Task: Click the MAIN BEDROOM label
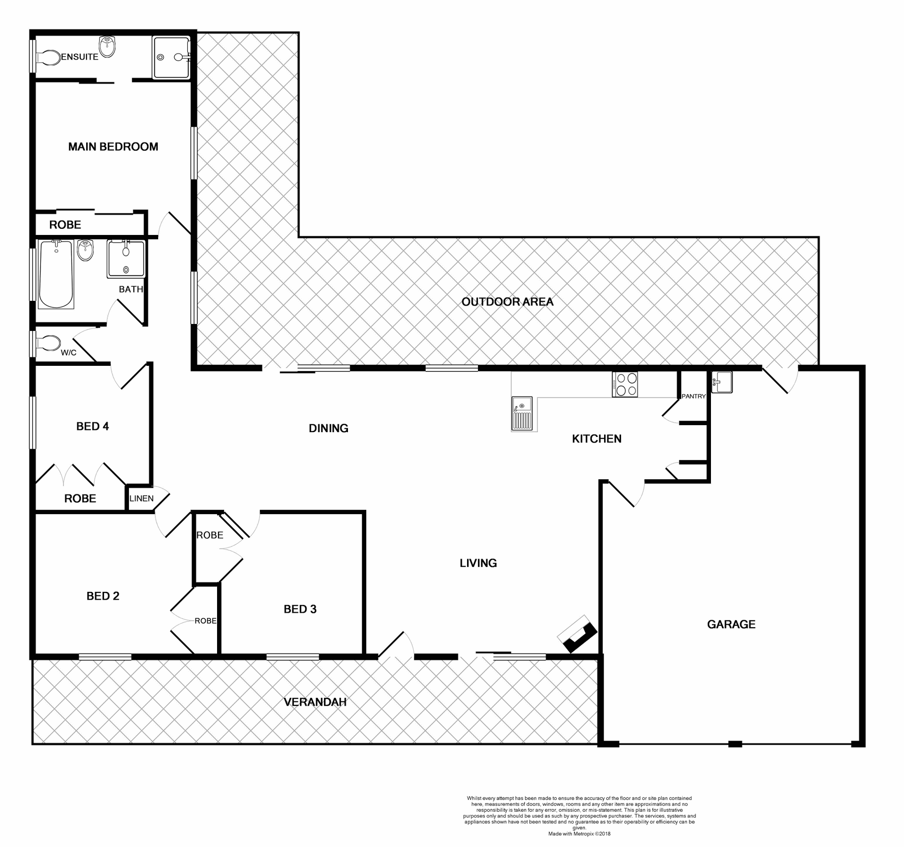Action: click(113, 147)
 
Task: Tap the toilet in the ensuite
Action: click(48, 57)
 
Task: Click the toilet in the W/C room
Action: click(48, 343)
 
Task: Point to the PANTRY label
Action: click(694, 396)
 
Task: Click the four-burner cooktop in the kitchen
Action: click(625, 384)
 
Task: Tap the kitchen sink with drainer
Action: click(522, 413)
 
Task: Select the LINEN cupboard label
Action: click(141, 498)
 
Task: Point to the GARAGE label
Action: click(731, 624)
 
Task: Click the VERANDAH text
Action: click(315, 702)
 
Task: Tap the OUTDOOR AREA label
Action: click(507, 302)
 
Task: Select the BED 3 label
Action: click(300, 609)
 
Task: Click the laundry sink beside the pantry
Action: click(722, 382)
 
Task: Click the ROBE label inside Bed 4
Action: click(80, 499)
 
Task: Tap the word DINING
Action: click(328, 428)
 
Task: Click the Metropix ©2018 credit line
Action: click(579, 834)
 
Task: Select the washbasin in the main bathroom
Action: click(86, 250)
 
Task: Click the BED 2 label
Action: click(103, 596)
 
